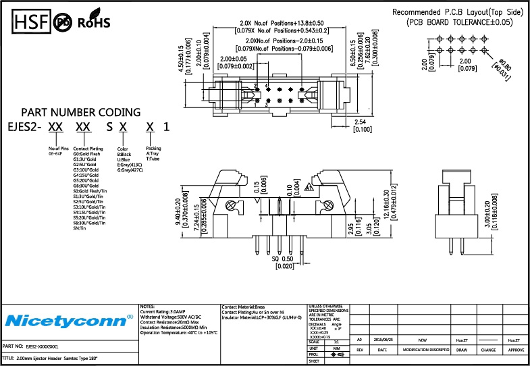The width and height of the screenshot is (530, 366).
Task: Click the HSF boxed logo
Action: tap(28, 22)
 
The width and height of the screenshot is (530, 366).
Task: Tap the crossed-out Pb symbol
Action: tap(63, 22)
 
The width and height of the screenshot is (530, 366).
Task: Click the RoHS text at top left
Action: tap(94, 23)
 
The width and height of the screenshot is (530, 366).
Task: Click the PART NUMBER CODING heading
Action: tap(81, 112)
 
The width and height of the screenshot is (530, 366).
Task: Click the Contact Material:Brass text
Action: tap(246, 307)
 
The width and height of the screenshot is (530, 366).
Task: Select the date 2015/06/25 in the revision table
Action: tap(383, 340)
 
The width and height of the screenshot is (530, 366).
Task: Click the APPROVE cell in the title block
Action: tap(516, 350)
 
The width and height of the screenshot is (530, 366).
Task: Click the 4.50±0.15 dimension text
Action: tap(180, 59)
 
